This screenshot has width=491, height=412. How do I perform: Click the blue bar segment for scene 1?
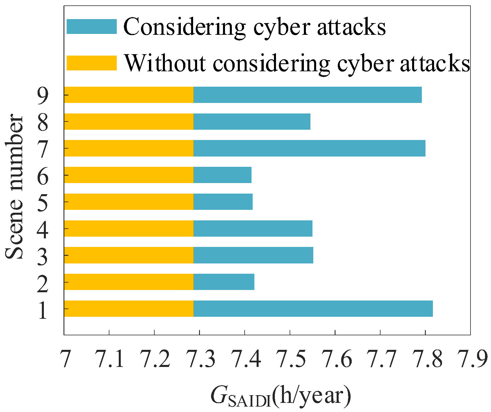pos(313,309)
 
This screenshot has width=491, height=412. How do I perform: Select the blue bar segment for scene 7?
pos(309,148)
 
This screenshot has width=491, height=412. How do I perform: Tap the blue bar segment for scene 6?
pos(222,175)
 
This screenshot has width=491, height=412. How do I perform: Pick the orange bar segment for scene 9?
pos(129,95)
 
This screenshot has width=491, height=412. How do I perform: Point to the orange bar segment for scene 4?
pos(129,228)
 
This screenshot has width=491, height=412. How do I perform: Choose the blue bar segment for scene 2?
pos(224,282)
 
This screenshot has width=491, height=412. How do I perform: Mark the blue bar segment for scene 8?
pos(252,121)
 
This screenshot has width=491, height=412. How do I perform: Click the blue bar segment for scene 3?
pos(253,255)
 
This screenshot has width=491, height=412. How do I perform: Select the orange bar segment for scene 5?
pos(129,202)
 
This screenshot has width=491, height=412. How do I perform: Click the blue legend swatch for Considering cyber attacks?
pos(92,27)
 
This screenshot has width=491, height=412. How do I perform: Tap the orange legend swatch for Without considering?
pos(92,63)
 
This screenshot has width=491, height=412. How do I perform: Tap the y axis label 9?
pos(43,96)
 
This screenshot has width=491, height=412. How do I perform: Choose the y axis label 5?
pos(43,203)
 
